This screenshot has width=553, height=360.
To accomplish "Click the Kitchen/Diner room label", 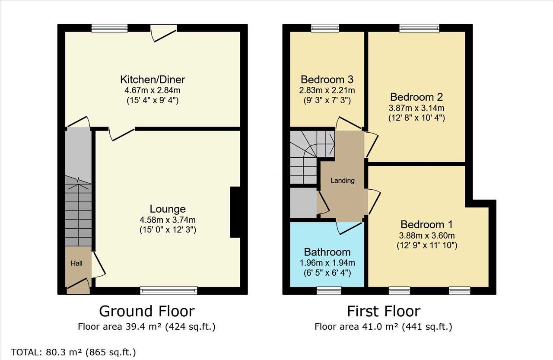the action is coord(153,80).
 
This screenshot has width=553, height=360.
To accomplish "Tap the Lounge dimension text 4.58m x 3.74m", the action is coord(168,220).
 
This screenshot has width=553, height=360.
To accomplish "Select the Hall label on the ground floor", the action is coord(76,263).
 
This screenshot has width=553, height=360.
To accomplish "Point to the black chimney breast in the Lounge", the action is coord(235,212).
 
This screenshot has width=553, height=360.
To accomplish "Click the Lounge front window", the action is coord(168,290).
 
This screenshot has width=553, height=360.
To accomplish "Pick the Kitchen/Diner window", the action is coord(110,28).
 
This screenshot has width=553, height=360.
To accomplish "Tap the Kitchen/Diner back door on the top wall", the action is coord(164,33).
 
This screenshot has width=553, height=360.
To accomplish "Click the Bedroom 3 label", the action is coord(327,80).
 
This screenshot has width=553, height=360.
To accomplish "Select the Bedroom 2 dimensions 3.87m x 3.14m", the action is coord(416,108).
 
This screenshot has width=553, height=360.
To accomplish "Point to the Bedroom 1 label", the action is coord(426,224).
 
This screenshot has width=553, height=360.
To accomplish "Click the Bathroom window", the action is coord(329,290).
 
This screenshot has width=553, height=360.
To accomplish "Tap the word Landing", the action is coord(343,181).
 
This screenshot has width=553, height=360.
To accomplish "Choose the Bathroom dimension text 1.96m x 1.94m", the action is coord(327,263).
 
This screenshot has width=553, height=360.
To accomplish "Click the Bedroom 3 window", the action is coord(325,28).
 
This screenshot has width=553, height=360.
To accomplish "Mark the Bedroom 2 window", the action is coord(420,28).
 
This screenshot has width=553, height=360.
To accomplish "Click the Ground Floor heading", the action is coord(147,311).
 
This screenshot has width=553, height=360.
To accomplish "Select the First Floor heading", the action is coord(384,311).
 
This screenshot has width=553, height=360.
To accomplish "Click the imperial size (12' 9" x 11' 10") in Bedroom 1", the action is coord(427,245).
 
